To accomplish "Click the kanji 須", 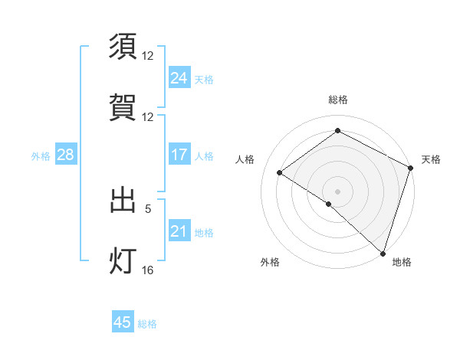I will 123,46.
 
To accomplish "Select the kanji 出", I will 123,200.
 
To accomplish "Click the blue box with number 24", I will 179,78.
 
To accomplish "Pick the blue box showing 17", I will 179,155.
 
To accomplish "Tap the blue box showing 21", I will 179,231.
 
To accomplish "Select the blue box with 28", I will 65,155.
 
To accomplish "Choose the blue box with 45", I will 123,322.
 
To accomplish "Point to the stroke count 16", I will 148,270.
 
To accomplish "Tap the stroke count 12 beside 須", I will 148,55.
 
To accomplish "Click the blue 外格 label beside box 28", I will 41,155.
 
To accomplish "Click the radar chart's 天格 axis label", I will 431,159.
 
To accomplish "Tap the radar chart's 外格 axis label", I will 270,262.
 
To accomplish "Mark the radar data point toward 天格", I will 410,168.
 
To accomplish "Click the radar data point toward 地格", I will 383,253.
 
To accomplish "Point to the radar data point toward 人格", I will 280,172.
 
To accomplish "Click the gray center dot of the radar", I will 337,191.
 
